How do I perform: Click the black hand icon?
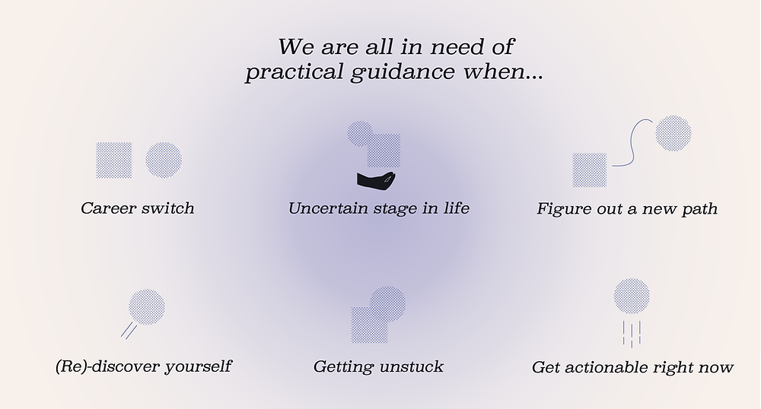tap(376, 180)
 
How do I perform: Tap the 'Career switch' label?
tap(137, 208)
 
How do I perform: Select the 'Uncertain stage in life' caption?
tap(378, 208)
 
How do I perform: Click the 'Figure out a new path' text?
tap(627, 209)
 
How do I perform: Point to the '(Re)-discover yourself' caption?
tap(144, 366)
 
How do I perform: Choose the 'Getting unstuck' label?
tap(378, 366)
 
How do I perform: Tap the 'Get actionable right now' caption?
tap(632, 367)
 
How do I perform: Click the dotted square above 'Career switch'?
tap(114, 160)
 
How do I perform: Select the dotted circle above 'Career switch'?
tap(164, 160)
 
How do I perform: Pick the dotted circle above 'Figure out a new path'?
tap(673, 133)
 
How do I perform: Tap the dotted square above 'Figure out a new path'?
tap(590, 170)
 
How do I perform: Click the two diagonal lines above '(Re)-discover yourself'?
tap(129, 331)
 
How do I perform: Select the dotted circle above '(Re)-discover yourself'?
tap(147, 307)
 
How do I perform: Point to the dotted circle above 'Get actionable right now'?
tap(632, 296)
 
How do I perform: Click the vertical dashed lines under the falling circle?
tap(632, 334)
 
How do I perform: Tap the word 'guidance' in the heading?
tap(403, 72)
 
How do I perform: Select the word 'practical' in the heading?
tap(295, 72)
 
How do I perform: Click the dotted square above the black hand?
tap(384, 151)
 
